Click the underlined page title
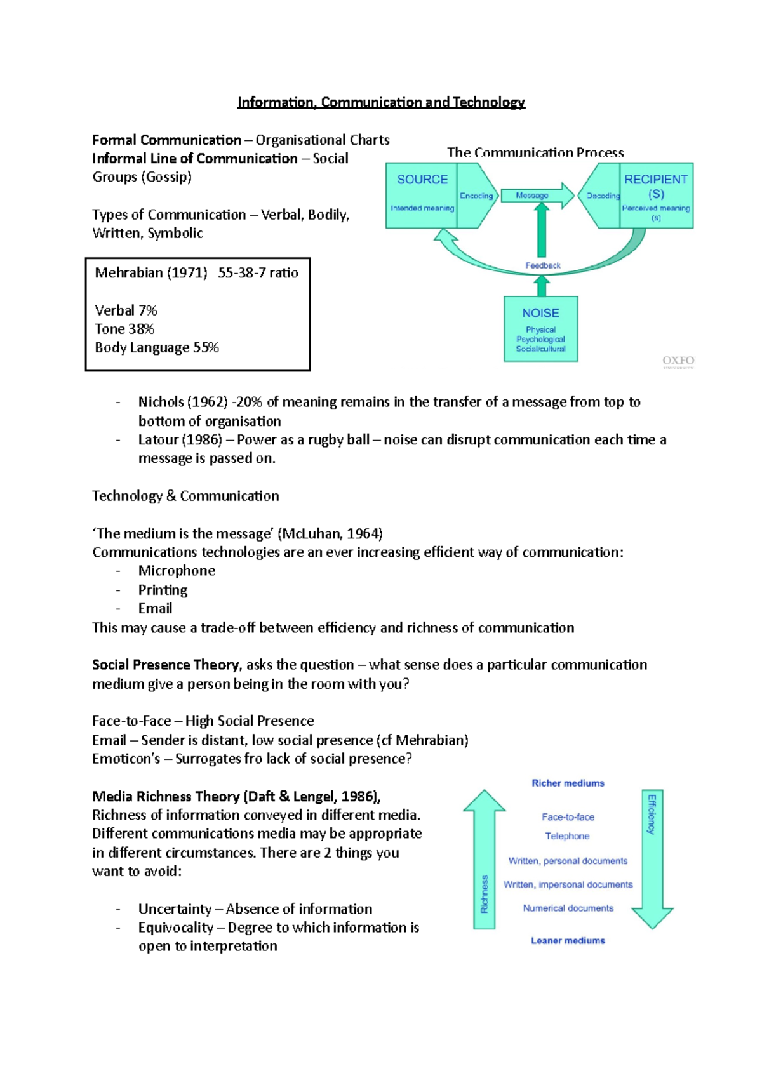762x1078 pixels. pyautogui.click(x=381, y=102)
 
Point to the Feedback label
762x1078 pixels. pyautogui.click(x=542, y=265)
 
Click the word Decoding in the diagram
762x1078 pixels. pyautogui.click(x=603, y=196)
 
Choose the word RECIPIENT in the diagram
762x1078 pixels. pyautogui.click(x=655, y=180)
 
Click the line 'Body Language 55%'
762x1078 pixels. pyautogui.click(x=156, y=348)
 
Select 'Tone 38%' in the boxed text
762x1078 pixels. pyautogui.click(x=124, y=329)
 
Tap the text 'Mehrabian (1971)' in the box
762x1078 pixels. pyautogui.click(x=151, y=273)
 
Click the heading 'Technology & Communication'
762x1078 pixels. pyautogui.click(x=185, y=496)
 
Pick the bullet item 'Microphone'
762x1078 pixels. pyautogui.click(x=177, y=571)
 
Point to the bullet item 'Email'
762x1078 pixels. pyautogui.click(x=155, y=608)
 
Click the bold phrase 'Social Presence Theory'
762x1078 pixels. pyautogui.click(x=166, y=665)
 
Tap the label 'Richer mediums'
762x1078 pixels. pyautogui.click(x=568, y=783)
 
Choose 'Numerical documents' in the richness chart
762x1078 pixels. pyautogui.click(x=568, y=908)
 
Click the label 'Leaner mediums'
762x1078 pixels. pyautogui.click(x=568, y=941)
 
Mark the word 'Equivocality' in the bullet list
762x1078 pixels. pyautogui.click(x=176, y=928)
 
